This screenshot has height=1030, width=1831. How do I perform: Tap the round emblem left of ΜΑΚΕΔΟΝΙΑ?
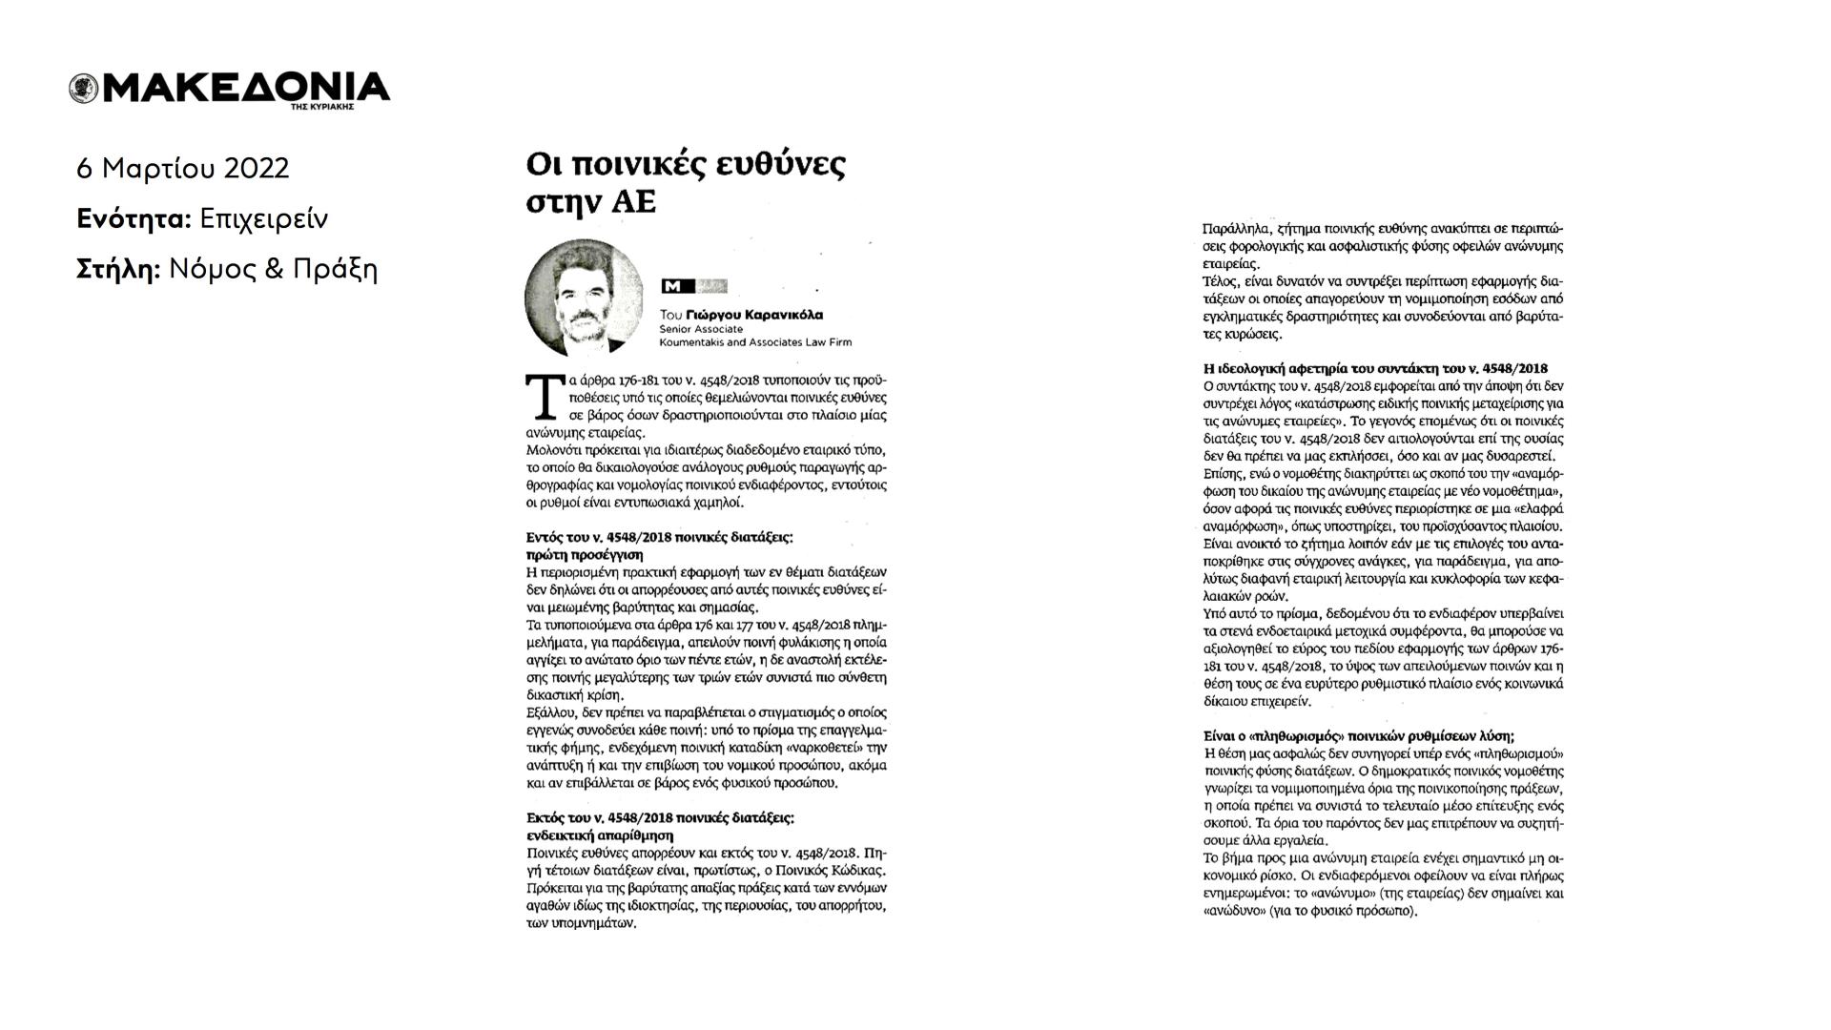pyautogui.click(x=83, y=89)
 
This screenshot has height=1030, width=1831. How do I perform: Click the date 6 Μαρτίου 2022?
pyautogui.click(x=182, y=169)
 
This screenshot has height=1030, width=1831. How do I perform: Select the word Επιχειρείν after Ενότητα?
pyautogui.click(x=263, y=219)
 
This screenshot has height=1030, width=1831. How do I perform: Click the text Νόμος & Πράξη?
pyautogui.click(x=273, y=270)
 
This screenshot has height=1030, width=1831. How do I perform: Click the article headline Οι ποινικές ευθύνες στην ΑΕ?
pyautogui.click(x=685, y=182)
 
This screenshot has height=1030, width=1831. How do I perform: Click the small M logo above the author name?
pyautogui.click(x=673, y=286)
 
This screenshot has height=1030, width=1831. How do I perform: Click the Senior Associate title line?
pyautogui.click(x=701, y=329)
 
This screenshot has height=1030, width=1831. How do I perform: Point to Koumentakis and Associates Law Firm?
pyautogui.click(x=755, y=342)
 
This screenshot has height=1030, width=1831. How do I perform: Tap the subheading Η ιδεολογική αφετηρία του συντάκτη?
pyautogui.click(x=1375, y=368)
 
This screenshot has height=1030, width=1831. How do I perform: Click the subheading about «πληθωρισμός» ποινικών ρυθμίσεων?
pyautogui.click(x=1359, y=735)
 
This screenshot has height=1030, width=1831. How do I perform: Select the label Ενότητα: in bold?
pyautogui.click(x=134, y=219)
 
